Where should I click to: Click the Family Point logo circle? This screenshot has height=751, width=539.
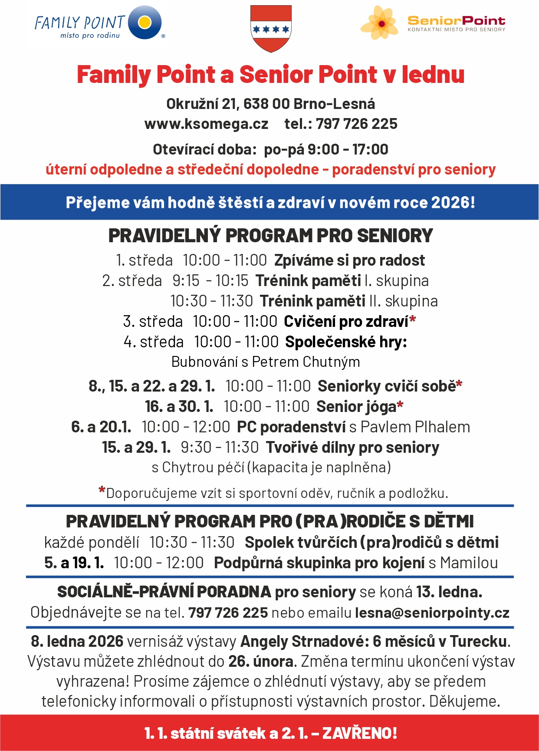[x=145, y=22]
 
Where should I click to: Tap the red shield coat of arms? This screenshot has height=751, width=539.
[x=271, y=29]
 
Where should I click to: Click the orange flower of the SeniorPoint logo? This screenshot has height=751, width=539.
[x=379, y=23]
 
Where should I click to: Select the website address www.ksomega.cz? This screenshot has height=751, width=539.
[x=206, y=124]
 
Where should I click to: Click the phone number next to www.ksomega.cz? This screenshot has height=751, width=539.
[x=356, y=124]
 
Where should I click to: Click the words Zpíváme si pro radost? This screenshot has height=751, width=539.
[x=349, y=260]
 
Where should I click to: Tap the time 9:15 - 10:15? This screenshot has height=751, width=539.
[x=210, y=281]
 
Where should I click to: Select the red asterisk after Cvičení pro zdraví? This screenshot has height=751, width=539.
[x=412, y=320]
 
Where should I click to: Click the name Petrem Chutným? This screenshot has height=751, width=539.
[x=306, y=362]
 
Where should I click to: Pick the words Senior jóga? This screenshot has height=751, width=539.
[x=356, y=407]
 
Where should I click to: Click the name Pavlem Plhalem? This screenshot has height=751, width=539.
[x=415, y=427]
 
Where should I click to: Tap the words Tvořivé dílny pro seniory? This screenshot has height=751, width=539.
[x=352, y=448]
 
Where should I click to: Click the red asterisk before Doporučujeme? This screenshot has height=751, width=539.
[x=102, y=491]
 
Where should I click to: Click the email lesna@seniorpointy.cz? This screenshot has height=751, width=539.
[x=432, y=613]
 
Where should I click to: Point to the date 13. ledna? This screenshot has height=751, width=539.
[x=449, y=592]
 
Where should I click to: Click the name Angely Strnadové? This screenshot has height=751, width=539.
[x=304, y=642]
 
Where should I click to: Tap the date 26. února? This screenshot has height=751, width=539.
[x=261, y=662]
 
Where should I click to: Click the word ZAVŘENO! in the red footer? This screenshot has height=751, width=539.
[x=359, y=733]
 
